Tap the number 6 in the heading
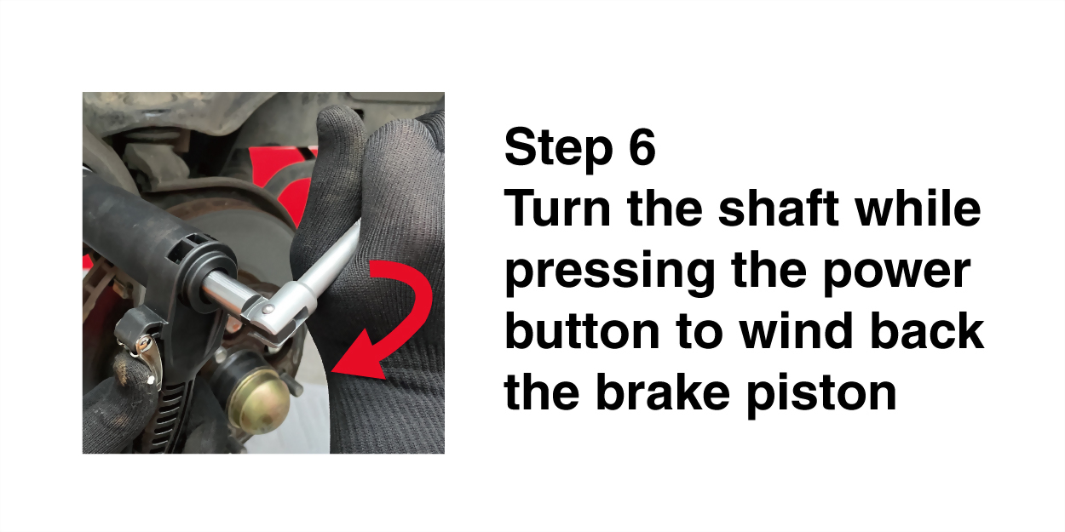tap(642, 146)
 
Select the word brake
tap(662, 392)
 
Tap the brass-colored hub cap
tap(259, 402)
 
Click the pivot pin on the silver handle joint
tap(268, 309)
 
